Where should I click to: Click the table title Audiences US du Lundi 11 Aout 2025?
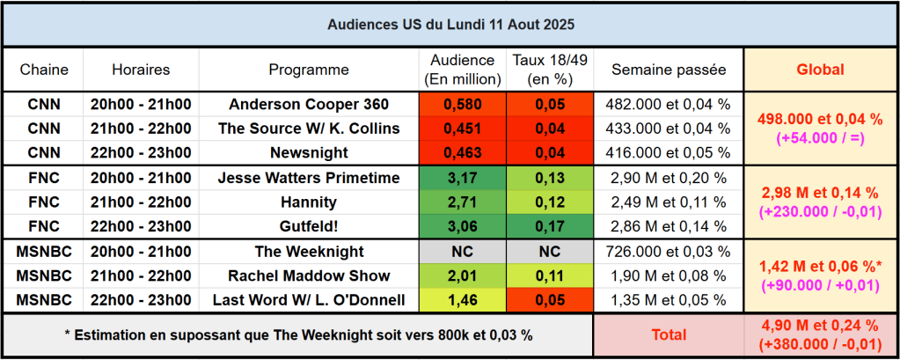tap(450, 24)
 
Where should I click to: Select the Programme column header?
tap(309, 70)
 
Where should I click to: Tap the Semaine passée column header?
tap(669, 70)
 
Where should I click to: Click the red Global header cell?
tap(820, 70)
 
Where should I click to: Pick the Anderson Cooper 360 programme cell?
tap(309, 104)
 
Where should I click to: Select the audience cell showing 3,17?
tap(463, 178)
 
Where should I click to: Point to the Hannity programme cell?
tap(309, 202)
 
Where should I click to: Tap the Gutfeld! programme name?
tap(309, 225)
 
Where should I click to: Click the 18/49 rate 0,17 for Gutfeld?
tap(550, 225)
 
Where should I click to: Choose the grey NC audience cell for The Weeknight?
tap(463, 252)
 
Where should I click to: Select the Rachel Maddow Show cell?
tap(309, 276)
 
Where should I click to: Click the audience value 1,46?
tap(463, 300)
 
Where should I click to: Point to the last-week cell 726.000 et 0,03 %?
tap(669, 252)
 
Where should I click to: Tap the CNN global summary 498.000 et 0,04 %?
tap(820, 120)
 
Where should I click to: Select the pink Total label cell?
tap(669, 335)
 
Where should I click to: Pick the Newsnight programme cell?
tap(309, 152)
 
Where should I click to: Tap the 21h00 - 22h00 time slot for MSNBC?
tap(141, 276)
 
